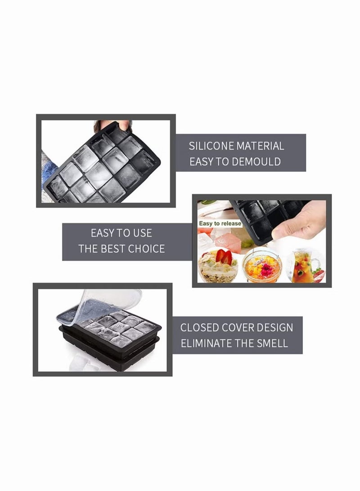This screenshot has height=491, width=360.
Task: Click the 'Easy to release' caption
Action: pos(220,223)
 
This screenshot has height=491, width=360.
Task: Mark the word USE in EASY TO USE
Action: pos(142,233)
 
